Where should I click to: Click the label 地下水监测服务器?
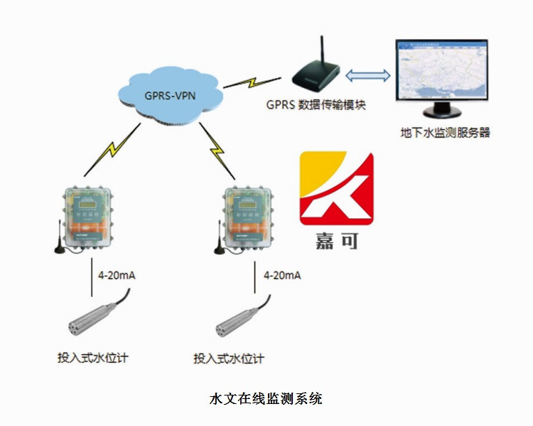pos(445,132)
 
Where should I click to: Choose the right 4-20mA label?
pos(281,275)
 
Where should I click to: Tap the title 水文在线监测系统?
pos(266,398)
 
